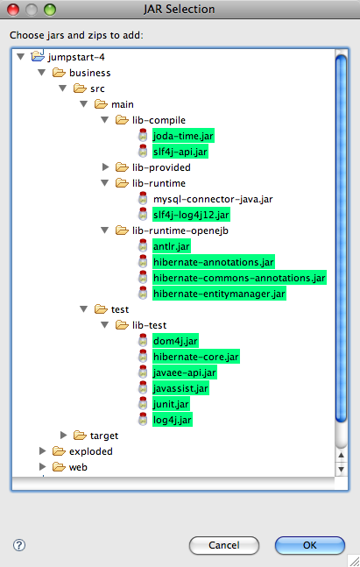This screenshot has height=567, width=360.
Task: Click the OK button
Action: click(310, 545)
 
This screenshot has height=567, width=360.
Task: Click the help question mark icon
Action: click(19, 545)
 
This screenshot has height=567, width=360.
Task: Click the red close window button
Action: click(13, 10)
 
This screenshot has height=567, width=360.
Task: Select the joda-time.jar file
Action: click(183, 136)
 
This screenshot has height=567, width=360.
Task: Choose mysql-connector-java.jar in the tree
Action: click(213, 199)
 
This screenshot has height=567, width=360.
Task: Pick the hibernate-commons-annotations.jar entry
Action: click(239, 278)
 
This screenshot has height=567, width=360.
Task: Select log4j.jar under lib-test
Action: click(172, 420)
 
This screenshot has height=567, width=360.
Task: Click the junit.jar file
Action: click(171, 404)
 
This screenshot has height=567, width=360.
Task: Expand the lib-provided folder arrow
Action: click(105, 167)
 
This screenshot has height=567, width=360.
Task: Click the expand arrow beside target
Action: click(64, 435)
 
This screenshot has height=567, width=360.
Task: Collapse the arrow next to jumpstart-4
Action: click(21, 56)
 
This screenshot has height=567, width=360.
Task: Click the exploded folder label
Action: click(91, 451)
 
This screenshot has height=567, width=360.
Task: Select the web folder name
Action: click(78, 467)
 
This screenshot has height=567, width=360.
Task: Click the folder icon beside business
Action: click(59, 73)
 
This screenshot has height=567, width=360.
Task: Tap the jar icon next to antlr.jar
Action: click(143, 246)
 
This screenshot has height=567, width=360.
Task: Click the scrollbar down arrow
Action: click(341, 470)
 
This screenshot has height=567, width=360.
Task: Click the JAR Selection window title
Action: click(180, 9)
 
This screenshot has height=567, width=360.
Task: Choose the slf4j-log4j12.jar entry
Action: click(191, 215)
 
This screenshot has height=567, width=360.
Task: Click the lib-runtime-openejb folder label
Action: click(180, 230)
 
